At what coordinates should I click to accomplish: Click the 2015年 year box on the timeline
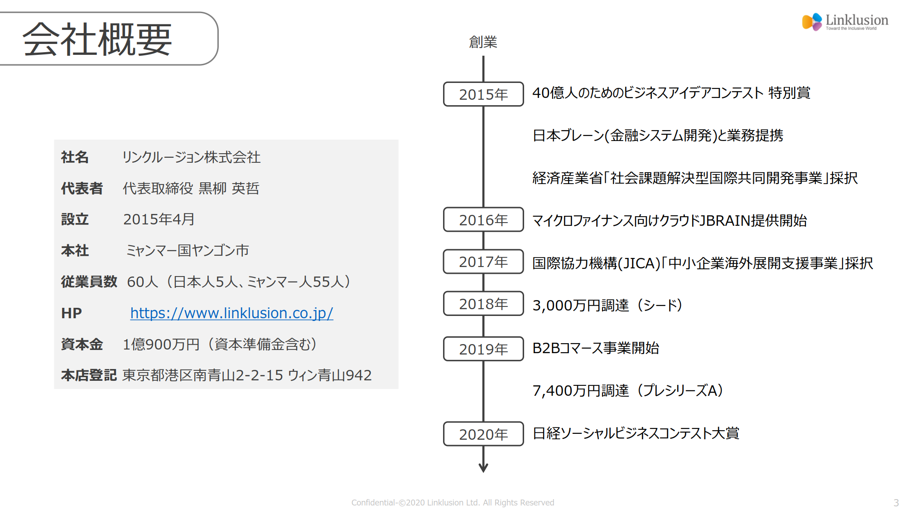pyautogui.click(x=483, y=94)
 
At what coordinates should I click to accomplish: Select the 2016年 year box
pyautogui.click(x=483, y=220)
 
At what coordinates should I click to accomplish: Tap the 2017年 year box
pyautogui.click(x=483, y=262)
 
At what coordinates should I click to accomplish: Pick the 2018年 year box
pyautogui.click(x=483, y=304)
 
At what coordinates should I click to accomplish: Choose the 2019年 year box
pyautogui.click(x=483, y=349)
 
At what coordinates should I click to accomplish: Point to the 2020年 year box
pyautogui.click(x=483, y=434)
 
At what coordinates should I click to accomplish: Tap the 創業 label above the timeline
pyautogui.click(x=483, y=42)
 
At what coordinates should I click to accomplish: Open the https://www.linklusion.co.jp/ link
pyautogui.click(x=231, y=313)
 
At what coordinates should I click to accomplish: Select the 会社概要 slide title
pyautogui.click(x=97, y=39)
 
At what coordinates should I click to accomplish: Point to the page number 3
pyautogui.click(x=896, y=503)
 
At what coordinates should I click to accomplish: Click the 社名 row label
pyautogui.click(x=75, y=157)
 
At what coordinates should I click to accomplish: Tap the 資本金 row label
pyautogui.click(x=82, y=345)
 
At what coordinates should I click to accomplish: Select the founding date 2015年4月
pyautogui.click(x=159, y=219)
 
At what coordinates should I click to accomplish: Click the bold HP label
pyautogui.click(x=72, y=313)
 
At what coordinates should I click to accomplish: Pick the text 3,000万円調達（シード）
pyautogui.click(x=607, y=305)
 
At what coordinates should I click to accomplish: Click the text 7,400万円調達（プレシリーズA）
pyautogui.click(x=627, y=390)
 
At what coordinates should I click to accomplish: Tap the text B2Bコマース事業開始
pyautogui.click(x=596, y=348)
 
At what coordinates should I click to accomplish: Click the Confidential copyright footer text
pyautogui.click(x=453, y=502)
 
